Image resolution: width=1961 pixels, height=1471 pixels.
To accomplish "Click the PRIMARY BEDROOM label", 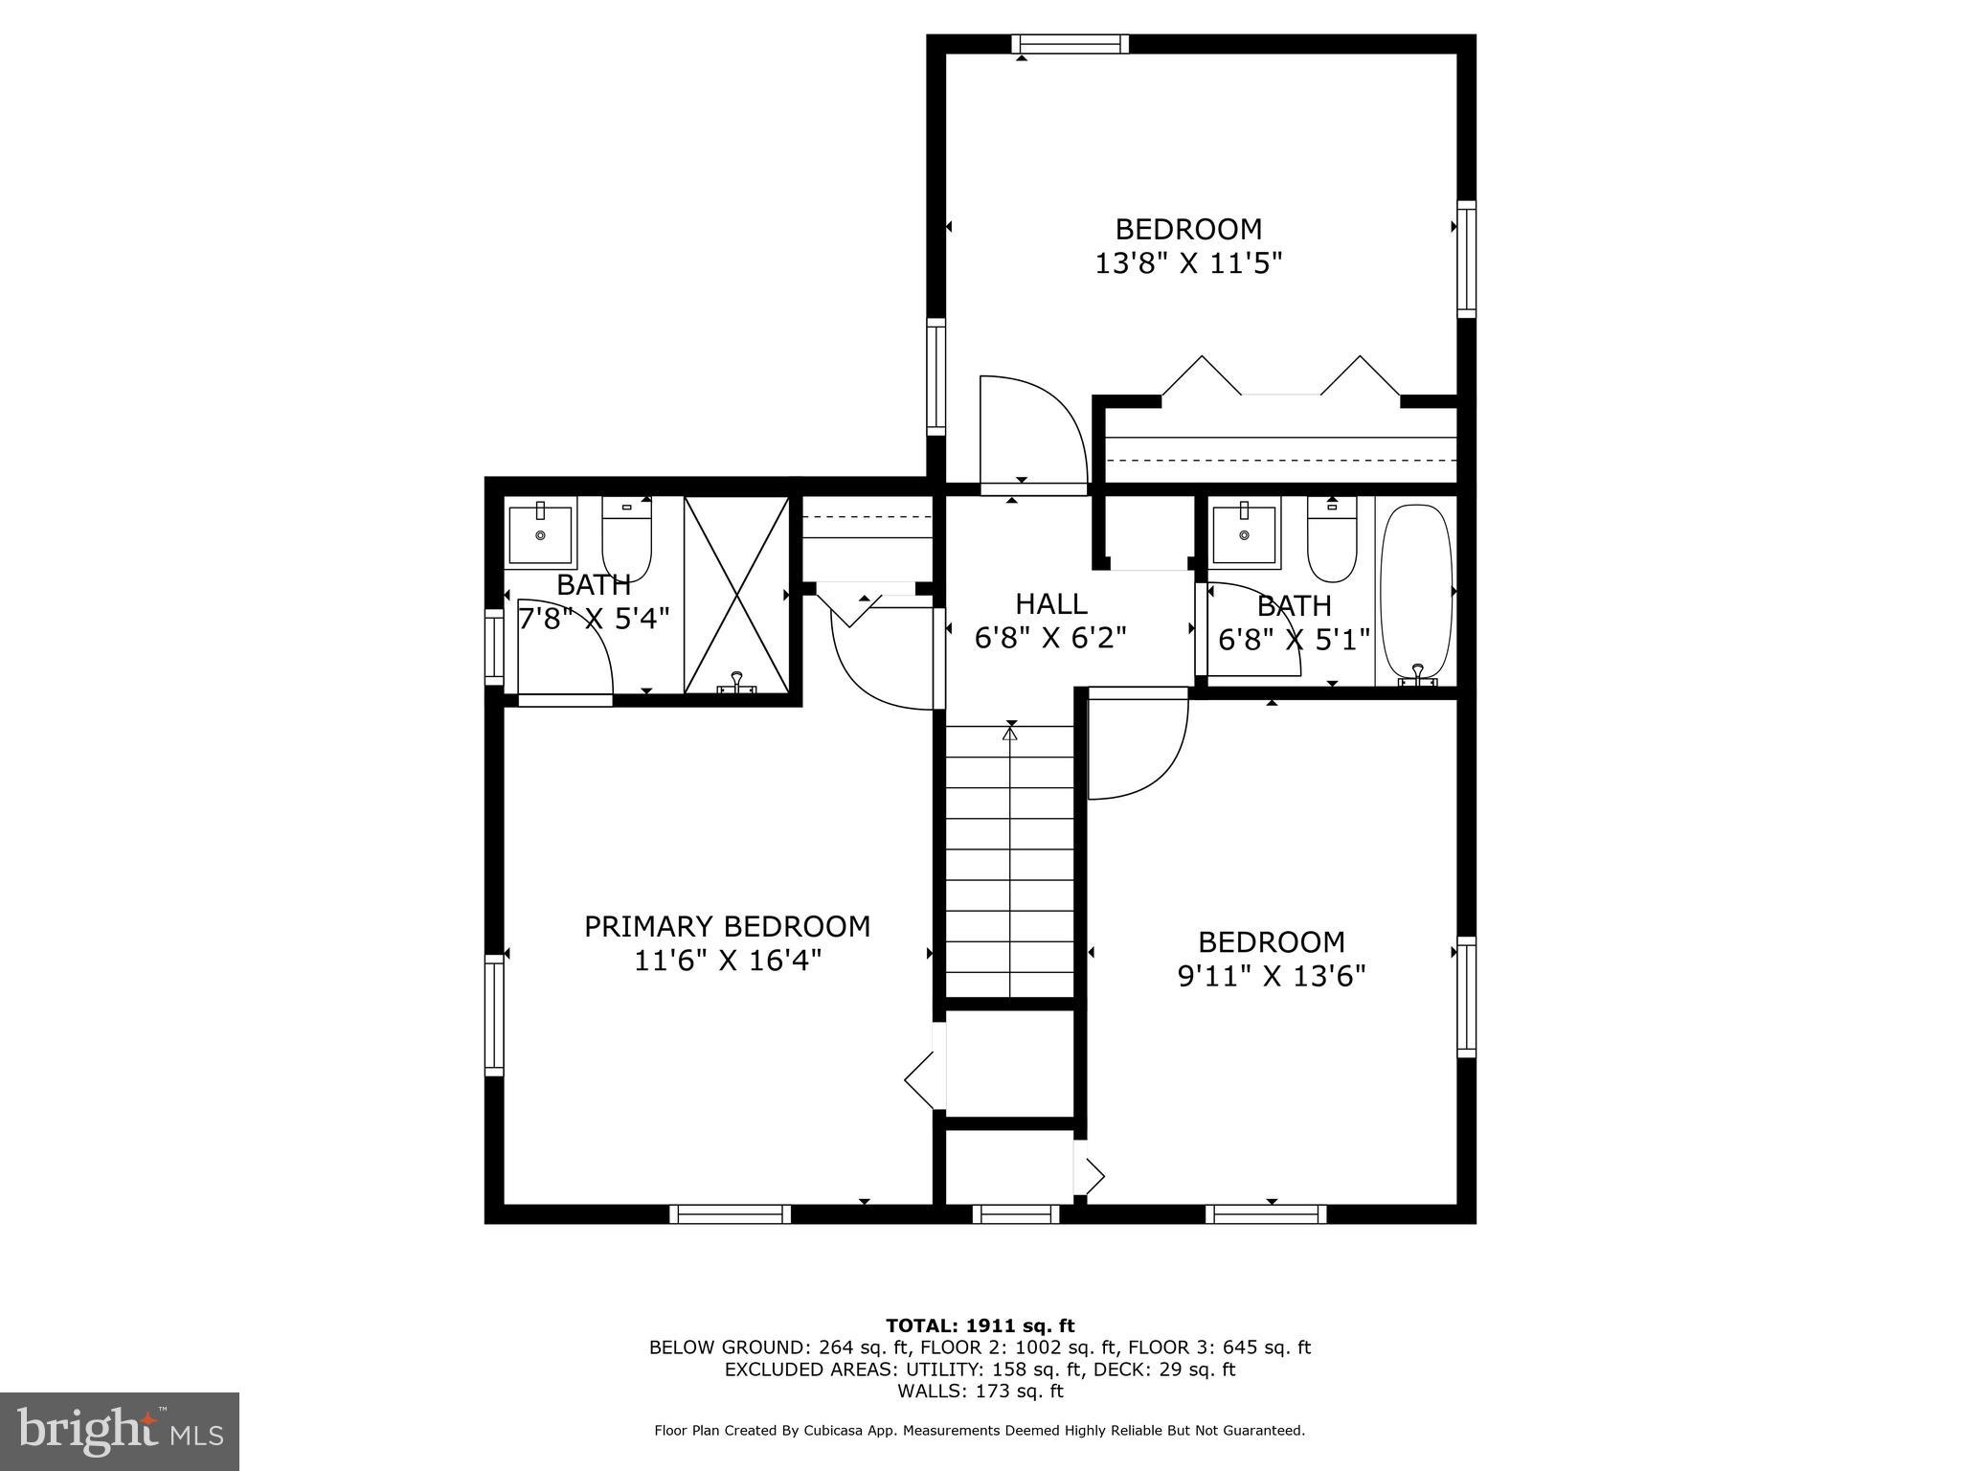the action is (x=728, y=927).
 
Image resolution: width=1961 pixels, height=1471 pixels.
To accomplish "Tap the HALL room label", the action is (x=1051, y=604).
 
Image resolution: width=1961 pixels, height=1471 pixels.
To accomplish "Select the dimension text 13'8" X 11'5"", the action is (x=1188, y=263).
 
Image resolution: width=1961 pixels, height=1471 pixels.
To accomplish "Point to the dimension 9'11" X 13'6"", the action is (x=1272, y=976).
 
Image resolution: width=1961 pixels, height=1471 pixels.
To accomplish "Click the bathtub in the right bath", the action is (x=1417, y=594).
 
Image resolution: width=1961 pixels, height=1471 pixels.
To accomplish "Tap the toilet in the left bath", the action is (x=626, y=539).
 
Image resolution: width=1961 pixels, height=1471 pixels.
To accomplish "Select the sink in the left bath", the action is (x=540, y=534).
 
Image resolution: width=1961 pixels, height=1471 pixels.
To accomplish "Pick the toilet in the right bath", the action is (x=1332, y=539).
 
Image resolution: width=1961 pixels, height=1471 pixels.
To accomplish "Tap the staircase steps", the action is (x=1010, y=862).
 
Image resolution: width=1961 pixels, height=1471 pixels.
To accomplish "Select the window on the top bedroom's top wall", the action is (x=1071, y=44).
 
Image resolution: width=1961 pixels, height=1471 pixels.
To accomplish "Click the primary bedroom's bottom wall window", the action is (x=731, y=1214).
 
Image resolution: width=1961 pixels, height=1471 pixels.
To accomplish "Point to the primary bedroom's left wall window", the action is (x=494, y=1015).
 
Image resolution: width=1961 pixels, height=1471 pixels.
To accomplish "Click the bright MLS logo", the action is (x=120, y=1431).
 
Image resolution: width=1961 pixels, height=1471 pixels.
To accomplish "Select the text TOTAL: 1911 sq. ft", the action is (x=980, y=1325).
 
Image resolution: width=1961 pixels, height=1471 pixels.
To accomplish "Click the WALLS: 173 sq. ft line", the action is (x=980, y=1392).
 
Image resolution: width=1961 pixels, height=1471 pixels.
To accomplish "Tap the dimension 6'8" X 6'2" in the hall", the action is (x=1051, y=638).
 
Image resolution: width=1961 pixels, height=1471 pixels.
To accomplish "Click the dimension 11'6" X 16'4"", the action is (x=728, y=961).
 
